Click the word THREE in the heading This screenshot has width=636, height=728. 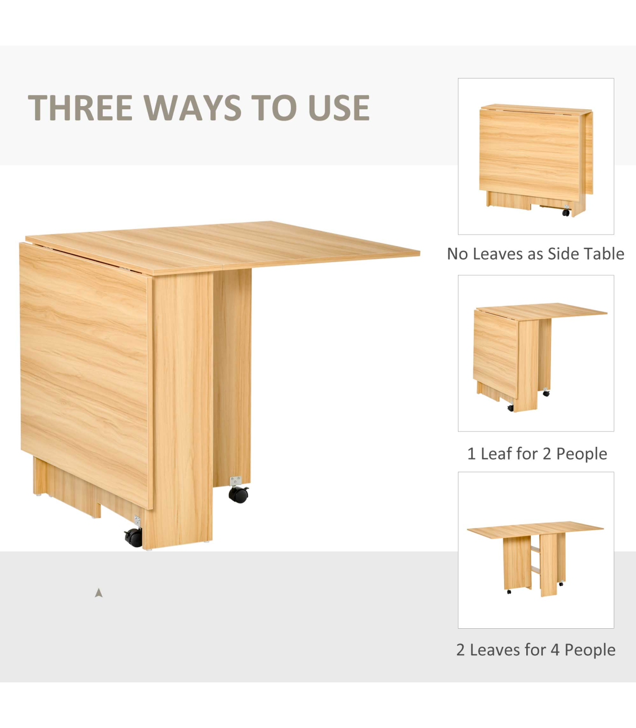81,108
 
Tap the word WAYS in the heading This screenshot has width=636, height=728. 192,108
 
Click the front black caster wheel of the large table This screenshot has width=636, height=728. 134,538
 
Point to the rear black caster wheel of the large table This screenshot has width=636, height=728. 238,494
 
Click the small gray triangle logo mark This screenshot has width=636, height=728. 99,593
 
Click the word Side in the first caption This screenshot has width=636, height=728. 559,254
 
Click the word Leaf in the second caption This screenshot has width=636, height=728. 494,454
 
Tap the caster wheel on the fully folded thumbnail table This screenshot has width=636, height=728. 566,212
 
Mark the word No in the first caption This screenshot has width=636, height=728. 455,254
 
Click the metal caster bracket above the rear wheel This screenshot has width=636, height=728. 235,481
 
